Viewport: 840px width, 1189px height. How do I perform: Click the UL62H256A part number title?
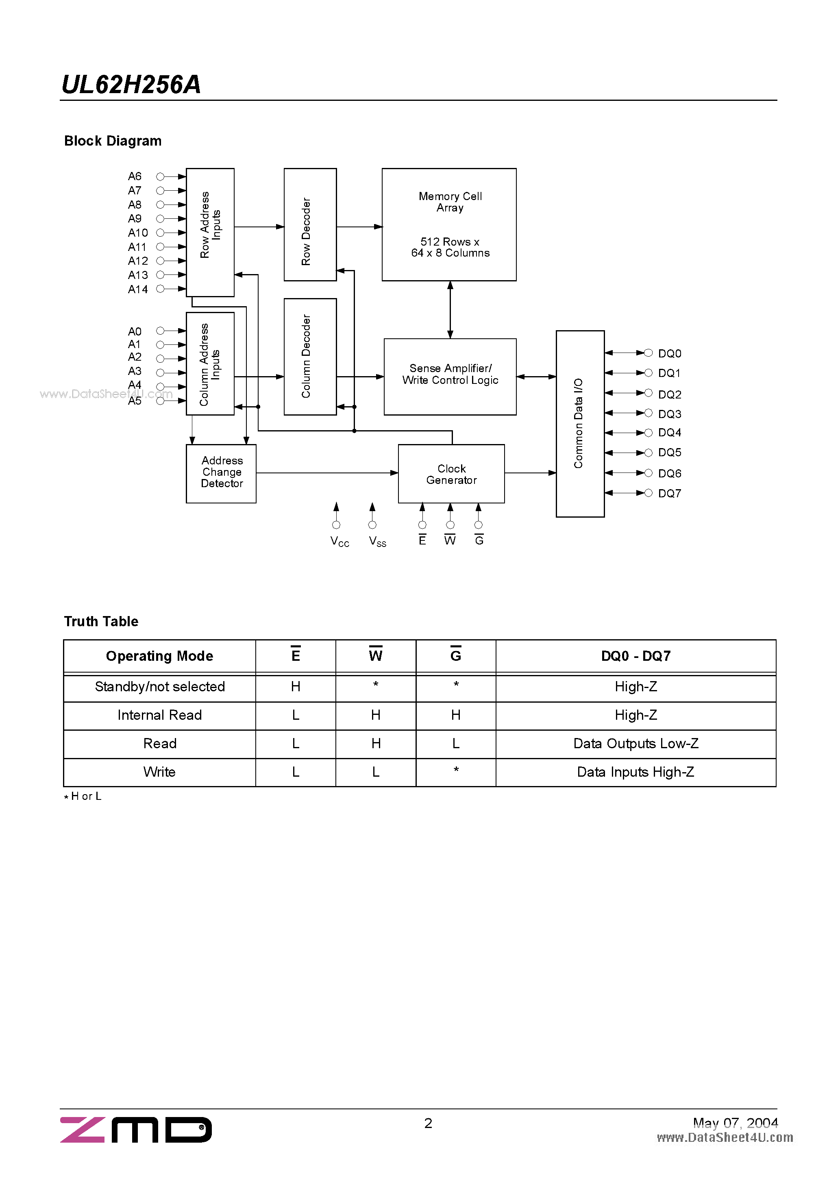pos(131,85)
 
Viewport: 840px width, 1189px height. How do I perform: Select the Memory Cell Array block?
pos(449,224)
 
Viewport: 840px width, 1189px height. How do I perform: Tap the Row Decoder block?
pos(310,224)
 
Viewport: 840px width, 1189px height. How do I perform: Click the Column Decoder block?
pos(310,356)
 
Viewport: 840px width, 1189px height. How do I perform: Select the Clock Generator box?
pos(451,474)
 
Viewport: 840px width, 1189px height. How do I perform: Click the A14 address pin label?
pos(138,290)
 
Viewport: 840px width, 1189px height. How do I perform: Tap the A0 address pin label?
pos(135,331)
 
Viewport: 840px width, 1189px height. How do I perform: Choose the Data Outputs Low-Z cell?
pos(635,744)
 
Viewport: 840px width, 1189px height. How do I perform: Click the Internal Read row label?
pos(159,715)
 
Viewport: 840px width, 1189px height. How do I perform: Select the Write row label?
pos(159,772)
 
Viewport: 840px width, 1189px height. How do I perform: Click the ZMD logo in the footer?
pos(136,1130)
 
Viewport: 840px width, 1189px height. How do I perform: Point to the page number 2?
pos(428,1123)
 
